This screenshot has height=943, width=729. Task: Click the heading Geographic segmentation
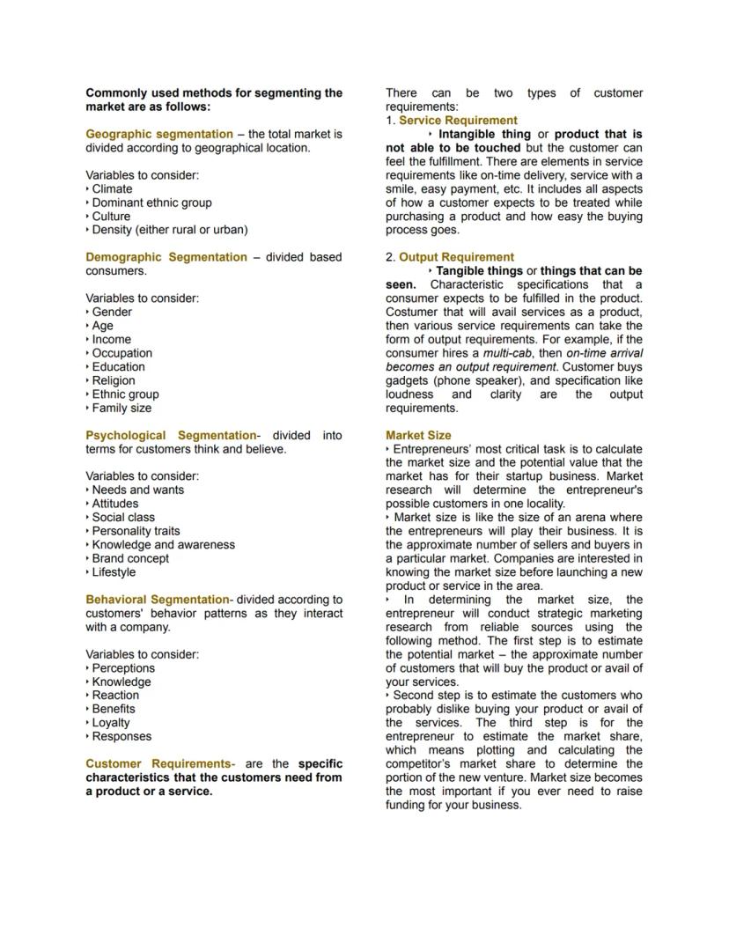coord(159,134)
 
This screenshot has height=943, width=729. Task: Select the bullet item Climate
coord(112,188)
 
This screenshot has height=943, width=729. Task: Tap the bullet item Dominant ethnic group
coord(151,203)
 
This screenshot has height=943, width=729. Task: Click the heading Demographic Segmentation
coord(166,257)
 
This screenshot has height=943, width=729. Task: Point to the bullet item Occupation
coord(122,353)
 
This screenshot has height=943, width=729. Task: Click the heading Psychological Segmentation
coord(171,435)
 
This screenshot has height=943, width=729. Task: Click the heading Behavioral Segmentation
coord(158,600)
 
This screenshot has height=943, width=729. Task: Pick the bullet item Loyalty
coord(111,722)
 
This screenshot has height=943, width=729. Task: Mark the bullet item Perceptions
coord(123,667)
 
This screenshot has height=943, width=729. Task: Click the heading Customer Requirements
coord(158,763)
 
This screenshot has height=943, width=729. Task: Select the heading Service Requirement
coord(458,120)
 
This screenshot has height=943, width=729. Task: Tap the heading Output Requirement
coord(456,257)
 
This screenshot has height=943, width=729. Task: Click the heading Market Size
coord(418,435)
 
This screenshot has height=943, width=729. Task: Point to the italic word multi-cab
coord(509,353)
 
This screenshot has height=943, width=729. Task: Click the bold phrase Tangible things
coord(479,271)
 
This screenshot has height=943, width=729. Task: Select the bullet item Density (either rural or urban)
coord(169,230)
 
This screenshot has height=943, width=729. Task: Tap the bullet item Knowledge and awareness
coord(163,544)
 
